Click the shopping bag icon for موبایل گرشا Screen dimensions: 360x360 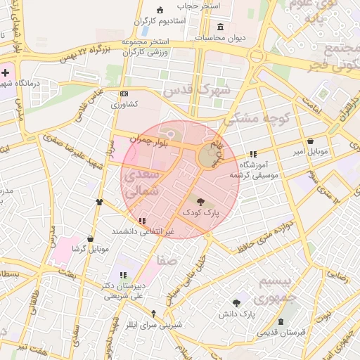click(90, 239)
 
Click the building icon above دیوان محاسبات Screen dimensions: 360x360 click(221, 27)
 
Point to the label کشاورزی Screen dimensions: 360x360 click(124, 104)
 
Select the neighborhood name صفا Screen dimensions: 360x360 click(167, 260)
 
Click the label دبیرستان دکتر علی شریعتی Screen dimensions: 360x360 click(124, 291)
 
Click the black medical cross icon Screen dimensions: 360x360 click(6, 73)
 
